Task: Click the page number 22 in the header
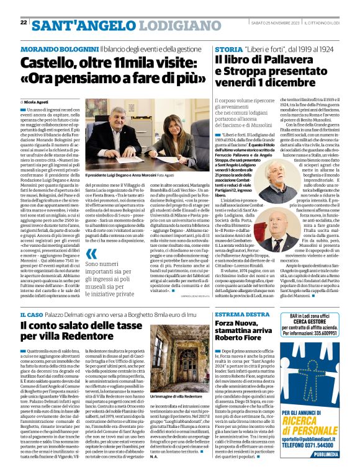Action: click(x=24, y=22)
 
